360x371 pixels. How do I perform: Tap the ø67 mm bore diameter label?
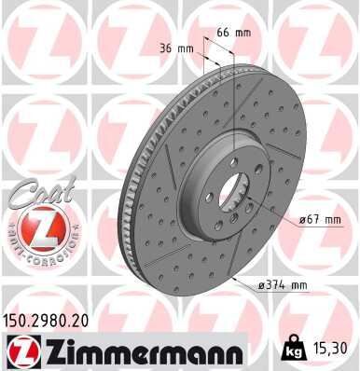click(x=320, y=220)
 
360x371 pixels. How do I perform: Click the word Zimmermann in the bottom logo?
click(x=136, y=350)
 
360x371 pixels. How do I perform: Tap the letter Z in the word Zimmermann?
click(x=48, y=350)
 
